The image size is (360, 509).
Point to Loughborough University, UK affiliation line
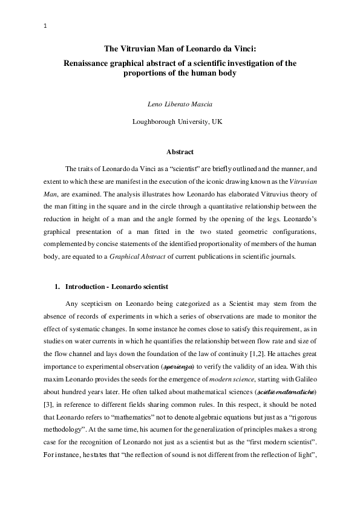coord(180,122)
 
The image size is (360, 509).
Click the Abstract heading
coord(180,152)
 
